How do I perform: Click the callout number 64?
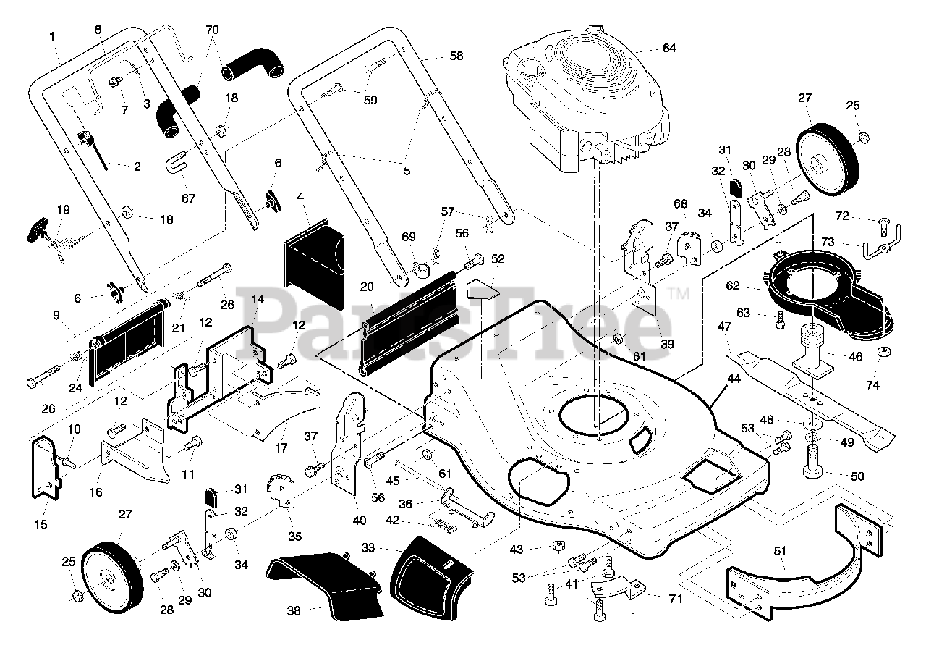click(x=668, y=48)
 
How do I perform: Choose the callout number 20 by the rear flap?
click(x=366, y=286)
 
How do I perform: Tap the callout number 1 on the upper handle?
click(x=52, y=36)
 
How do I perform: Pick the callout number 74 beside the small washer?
click(x=873, y=385)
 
